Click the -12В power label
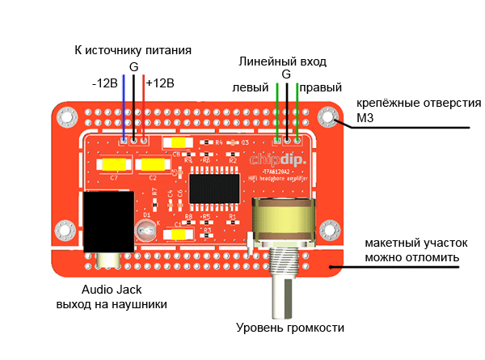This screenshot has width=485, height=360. [106, 83]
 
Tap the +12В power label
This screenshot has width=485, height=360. [160, 83]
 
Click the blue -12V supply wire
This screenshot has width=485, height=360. [123, 109]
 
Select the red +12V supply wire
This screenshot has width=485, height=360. [144, 109]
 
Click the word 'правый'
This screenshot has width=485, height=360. [321, 87]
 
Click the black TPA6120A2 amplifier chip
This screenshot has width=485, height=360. [215, 189]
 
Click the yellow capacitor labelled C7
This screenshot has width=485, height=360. [114, 165]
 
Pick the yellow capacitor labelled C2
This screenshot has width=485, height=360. [152, 165]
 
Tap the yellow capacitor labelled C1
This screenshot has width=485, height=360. [179, 235]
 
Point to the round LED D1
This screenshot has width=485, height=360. [145, 231]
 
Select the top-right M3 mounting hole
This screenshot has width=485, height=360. [329, 118]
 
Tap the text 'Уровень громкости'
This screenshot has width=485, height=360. [290, 328]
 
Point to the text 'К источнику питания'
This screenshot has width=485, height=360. [133, 50]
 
